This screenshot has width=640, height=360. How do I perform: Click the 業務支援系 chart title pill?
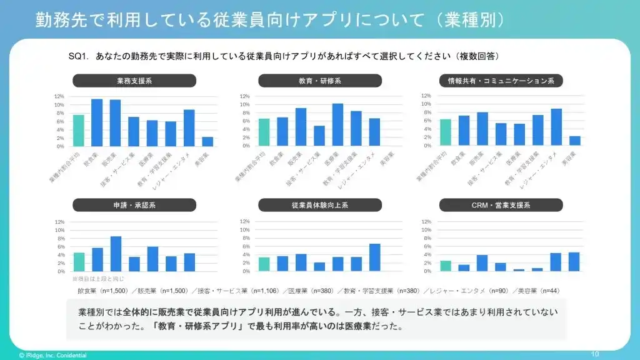(x=134, y=81)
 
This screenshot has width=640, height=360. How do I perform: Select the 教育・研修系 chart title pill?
(x=319, y=81)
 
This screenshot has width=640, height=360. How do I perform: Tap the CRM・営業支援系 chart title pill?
(x=501, y=205)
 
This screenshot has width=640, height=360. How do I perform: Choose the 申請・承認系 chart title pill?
(x=134, y=205)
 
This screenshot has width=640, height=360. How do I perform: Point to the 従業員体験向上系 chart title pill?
(x=319, y=205)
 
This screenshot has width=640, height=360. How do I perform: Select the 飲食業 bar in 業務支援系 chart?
(x=97, y=122)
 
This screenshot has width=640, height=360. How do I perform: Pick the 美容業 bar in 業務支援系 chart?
(x=207, y=142)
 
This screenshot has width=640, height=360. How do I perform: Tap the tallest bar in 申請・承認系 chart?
(x=116, y=254)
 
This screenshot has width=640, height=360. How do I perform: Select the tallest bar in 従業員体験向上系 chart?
(x=374, y=257)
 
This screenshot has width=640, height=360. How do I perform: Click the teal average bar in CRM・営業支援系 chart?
(x=446, y=266)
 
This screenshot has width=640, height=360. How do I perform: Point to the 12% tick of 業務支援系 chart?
(x=59, y=96)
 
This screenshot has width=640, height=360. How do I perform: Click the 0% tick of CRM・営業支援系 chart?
(x=427, y=271)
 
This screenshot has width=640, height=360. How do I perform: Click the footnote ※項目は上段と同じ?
(x=98, y=279)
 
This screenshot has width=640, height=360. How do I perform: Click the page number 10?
(x=594, y=354)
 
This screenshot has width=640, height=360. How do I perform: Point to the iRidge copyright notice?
(x=53, y=355)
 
